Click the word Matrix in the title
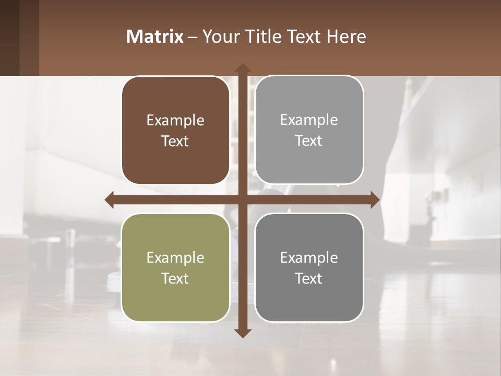pos(155,37)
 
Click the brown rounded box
pos(175,130)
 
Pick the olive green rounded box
pos(175,267)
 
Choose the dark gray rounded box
pos(309,267)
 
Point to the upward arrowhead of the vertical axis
pos(242,68)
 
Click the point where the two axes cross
pos(242,199)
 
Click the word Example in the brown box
pos(175,120)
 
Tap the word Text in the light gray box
pos(309,140)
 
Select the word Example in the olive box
pos(175,257)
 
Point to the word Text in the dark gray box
pos(309,278)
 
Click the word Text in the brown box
pos(175,141)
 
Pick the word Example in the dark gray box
pos(309,257)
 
